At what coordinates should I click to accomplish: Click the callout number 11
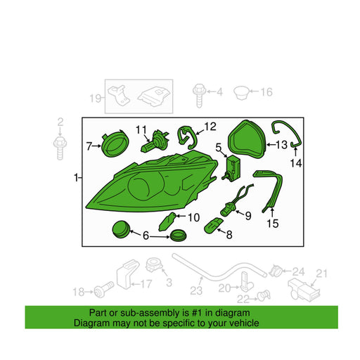coord(141,129)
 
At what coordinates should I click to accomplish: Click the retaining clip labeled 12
coord(187,137)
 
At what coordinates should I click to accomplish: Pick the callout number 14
coord(296,163)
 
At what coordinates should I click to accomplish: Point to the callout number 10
coord(193,218)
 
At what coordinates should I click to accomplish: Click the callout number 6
coord(146,236)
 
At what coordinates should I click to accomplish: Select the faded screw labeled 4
coord(199,95)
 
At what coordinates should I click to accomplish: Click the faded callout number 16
coord(266,92)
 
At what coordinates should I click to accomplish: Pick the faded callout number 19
coord(96,98)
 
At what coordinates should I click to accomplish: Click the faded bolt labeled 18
coord(104,289)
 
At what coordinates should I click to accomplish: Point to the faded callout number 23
coord(196,290)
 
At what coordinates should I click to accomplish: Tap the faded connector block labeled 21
coord(304,290)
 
